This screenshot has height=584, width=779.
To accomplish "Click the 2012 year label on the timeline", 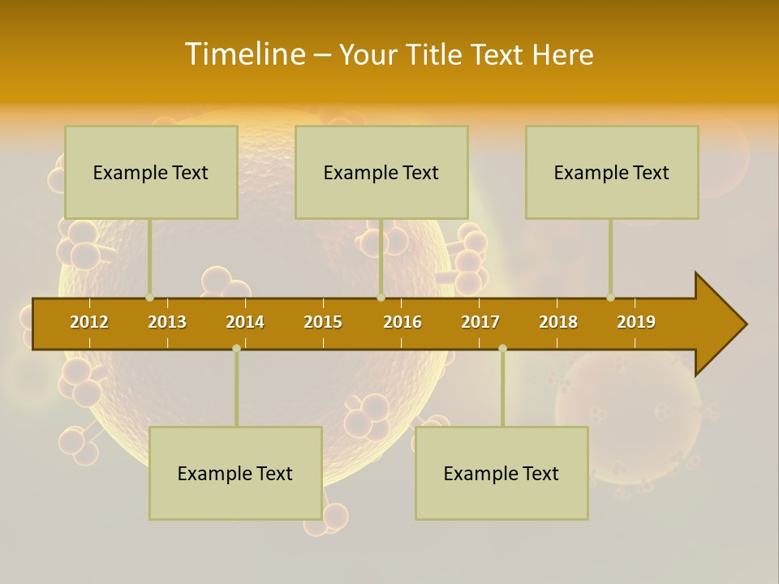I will pyautogui.click(x=89, y=322).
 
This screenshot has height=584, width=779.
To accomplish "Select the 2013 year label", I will pyautogui.click(x=167, y=322).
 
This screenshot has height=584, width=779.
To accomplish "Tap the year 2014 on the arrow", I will pyautogui.click(x=245, y=322).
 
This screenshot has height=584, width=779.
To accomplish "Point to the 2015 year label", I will pyautogui.click(x=323, y=322).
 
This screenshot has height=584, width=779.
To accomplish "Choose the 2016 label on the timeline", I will pyautogui.click(x=402, y=322).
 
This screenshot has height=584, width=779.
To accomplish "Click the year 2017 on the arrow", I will pyautogui.click(x=480, y=322).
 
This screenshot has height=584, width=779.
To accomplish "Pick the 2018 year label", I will pyautogui.click(x=558, y=322).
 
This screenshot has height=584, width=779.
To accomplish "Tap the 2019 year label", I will pyautogui.click(x=636, y=322).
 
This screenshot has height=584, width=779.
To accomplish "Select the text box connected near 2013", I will pyautogui.click(x=151, y=172).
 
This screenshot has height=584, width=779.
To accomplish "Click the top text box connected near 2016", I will pyautogui.click(x=381, y=172).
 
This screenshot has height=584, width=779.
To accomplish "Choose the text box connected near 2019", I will pyautogui.click(x=612, y=172).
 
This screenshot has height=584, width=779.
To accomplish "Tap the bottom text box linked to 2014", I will pyautogui.click(x=235, y=473).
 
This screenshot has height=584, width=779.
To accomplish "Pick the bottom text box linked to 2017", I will pyautogui.click(x=501, y=473).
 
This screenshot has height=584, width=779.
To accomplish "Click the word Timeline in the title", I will pyautogui.click(x=245, y=54).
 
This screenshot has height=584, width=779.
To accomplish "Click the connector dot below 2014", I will pyautogui.click(x=236, y=348).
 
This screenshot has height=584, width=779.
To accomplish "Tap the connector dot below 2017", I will pyautogui.click(x=502, y=348).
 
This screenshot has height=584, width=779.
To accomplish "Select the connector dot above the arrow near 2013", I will pyautogui.click(x=149, y=297).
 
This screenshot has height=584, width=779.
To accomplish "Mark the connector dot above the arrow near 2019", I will pyautogui.click(x=610, y=297).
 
